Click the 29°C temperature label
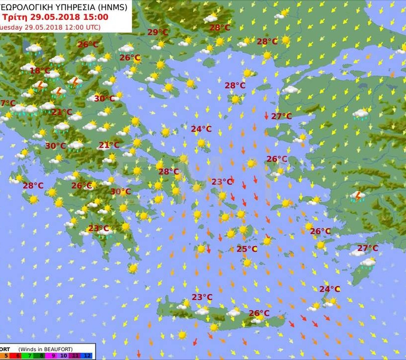click(158, 32)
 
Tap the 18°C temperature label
click(40, 71)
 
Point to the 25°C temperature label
click(247, 249)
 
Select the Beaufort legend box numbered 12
click(88, 356)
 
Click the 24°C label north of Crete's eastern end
click(329, 289)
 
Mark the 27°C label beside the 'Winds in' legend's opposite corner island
click(368, 248)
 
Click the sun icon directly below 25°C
click(247, 262)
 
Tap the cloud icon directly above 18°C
click(29, 66)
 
